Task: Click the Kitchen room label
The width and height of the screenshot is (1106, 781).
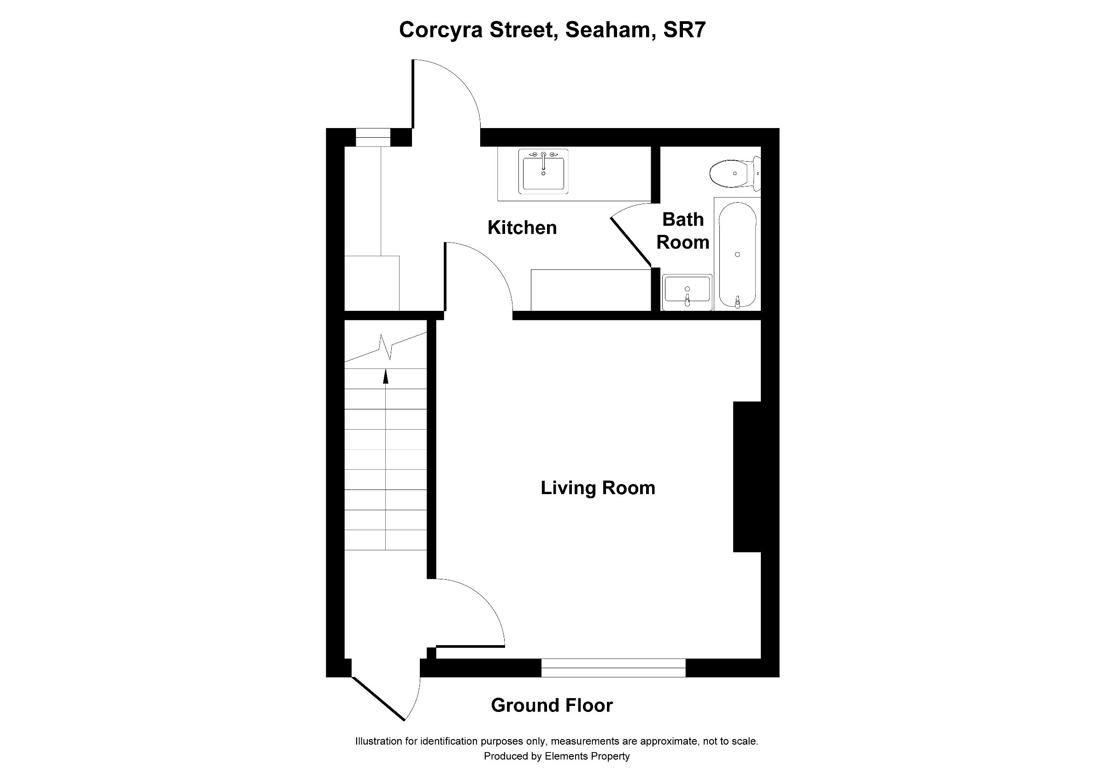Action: tap(522, 227)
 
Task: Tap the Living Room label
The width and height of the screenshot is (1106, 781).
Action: tap(597, 488)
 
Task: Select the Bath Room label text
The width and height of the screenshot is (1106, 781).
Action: tap(682, 231)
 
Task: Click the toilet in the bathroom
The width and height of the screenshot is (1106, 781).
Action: tap(733, 173)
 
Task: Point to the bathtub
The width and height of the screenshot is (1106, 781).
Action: tap(737, 254)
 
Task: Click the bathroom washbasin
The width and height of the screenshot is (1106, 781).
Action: tap(687, 292)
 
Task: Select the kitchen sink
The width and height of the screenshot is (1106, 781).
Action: tap(543, 171)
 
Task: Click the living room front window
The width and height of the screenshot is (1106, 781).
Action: tap(613, 667)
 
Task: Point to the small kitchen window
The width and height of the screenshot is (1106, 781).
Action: tap(373, 137)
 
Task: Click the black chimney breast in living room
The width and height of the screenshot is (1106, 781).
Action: tap(747, 477)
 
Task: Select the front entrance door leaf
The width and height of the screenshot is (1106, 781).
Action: tap(378, 699)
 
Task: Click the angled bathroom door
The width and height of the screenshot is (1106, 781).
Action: tap(630, 242)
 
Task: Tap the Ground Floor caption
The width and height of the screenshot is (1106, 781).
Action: tap(552, 705)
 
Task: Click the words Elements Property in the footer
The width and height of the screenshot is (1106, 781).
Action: tap(587, 757)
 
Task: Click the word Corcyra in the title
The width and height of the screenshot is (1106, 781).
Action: tap(441, 30)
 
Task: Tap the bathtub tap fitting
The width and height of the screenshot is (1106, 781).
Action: tap(737, 302)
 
